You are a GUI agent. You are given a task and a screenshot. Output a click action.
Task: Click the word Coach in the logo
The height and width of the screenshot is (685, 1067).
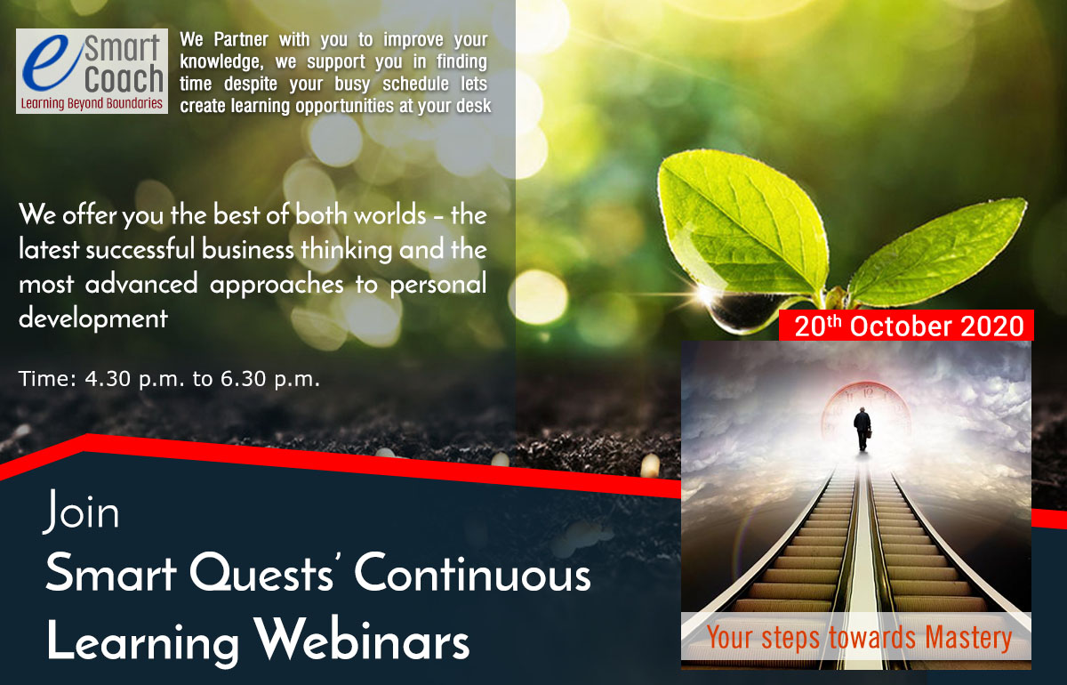tap(124, 79)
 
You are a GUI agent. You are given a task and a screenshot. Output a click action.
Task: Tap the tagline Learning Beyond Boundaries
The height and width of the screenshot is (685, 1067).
tap(92, 103)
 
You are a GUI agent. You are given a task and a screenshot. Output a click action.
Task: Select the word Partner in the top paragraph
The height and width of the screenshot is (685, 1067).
tap(241, 39)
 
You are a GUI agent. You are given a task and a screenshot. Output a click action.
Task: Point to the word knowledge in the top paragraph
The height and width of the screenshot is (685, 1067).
tap(221, 62)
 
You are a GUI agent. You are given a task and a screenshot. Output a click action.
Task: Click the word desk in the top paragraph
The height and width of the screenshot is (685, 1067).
tap(473, 106)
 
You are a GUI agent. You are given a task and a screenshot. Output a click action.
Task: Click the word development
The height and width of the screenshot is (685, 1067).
tap(93, 318)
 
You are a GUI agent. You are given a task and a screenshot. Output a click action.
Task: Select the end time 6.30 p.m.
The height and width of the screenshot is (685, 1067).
tap(270, 380)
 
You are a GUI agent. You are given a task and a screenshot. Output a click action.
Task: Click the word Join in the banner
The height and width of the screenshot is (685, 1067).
tap(81, 512)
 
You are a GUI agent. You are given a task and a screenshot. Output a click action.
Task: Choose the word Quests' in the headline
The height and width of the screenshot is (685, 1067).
tap(261, 574)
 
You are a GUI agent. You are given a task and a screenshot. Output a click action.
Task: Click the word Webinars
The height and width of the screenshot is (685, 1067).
tap(361, 640)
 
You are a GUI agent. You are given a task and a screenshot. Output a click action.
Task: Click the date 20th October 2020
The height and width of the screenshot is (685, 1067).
tap(909, 326)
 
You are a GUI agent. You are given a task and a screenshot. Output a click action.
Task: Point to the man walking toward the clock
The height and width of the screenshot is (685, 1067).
tap(862, 429)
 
